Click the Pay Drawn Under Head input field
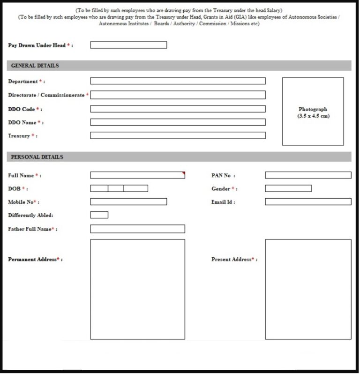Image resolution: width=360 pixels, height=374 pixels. pos(128,45)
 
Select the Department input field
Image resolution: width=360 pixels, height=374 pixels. pos(178,81)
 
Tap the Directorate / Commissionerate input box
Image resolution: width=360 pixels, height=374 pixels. pos(178,95)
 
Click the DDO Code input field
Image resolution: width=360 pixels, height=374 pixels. pos(178,109)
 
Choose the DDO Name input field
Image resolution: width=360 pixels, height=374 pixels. pos(178,122)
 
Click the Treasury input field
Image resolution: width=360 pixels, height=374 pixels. pos(178,135)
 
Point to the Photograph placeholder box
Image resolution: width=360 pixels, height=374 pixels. pos(313,111)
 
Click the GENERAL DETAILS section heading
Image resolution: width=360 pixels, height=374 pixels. pos(35,66)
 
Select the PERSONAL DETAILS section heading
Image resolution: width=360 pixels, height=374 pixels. pos(37,157)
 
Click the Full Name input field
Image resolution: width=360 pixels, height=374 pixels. pos(137,175)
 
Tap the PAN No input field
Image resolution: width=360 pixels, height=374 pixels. pos(307,175)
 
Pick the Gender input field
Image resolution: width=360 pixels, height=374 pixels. pos(288,188)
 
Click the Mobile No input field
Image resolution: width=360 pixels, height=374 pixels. pos(128,202)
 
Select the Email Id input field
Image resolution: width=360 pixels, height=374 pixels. pos(307,202)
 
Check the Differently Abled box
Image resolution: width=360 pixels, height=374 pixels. pos(99,215)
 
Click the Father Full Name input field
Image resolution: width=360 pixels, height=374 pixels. pos(137,229)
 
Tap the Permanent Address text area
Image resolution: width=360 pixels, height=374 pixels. pos(137,289)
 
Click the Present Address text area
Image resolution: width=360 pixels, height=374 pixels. pos(307,289)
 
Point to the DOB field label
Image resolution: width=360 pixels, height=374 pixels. pos(15,188)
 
